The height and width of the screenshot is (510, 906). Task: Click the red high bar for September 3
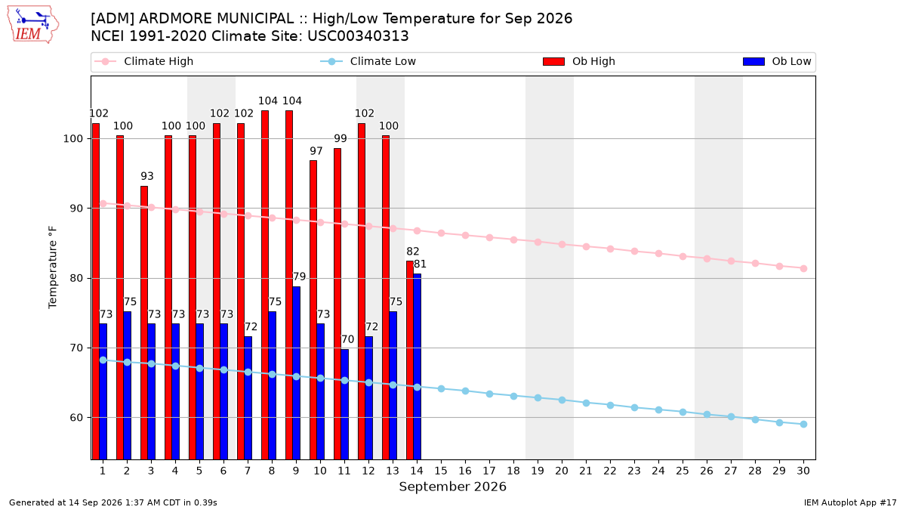pyautogui.click(x=144, y=323)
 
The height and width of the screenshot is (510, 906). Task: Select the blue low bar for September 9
pyautogui.click(x=296, y=372)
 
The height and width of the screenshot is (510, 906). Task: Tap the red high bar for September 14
pyautogui.click(x=410, y=360)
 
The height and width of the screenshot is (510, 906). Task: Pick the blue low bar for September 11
pyautogui.click(x=344, y=404)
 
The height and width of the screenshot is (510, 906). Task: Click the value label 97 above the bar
pyautogui.click(x=316, y=151)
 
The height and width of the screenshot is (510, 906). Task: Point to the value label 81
pyautogui.click(x=420, y=264)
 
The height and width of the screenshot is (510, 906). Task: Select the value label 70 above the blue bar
pyautogui.click(x=347, y=339)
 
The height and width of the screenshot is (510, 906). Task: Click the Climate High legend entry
pyautogui.click(x=143, y=61)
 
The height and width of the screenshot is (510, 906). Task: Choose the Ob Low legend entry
pyautogui.click(x=777, y=61)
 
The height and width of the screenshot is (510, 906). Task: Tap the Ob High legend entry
pyautogui.click(x=579, y=61)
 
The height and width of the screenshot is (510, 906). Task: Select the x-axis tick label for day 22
pyautogui.click(x=610, y=471)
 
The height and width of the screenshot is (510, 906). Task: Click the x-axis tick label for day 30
pyautogui.click(x=803, y=471)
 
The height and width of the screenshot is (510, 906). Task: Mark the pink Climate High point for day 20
pyautogui.click(x=562, y=245)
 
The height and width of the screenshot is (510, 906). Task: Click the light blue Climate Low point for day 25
pyautogui.click(x=683, y=412)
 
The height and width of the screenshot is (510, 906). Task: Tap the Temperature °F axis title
pyautogui.click(x=53, y=267)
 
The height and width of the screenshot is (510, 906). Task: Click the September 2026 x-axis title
pyautogui.click(x=452, y=487)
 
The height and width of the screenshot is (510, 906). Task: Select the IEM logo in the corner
pyautogui.click(x=32, y=25)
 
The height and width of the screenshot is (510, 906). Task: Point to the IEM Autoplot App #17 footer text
pyautogui.click(x=850, y=502)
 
